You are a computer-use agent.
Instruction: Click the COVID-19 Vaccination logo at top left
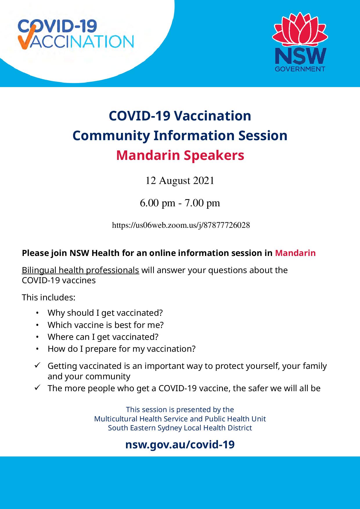click(75, 34)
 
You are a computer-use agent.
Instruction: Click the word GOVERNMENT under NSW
click(300, 69)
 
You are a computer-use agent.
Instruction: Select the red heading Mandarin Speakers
click(180, 156)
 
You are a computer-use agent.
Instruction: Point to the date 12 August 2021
click(180, 181)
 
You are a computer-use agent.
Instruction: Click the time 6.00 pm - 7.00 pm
click(180, 203)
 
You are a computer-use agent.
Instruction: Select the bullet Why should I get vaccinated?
click(105, 313)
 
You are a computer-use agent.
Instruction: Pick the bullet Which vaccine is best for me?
click(106, 325)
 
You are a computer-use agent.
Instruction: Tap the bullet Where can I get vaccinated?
click(103, 337)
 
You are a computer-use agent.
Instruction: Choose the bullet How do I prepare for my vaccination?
click(122, 349)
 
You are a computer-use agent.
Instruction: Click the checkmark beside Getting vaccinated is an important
click(37, 366)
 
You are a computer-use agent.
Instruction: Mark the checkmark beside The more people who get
click(37, 388)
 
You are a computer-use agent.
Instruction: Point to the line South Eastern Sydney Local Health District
click(180, 428)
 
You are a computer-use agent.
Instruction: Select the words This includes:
click(49, 298)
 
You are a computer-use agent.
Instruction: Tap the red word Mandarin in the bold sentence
click(295, 253)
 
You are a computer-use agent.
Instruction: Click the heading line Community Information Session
click(180, 136)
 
